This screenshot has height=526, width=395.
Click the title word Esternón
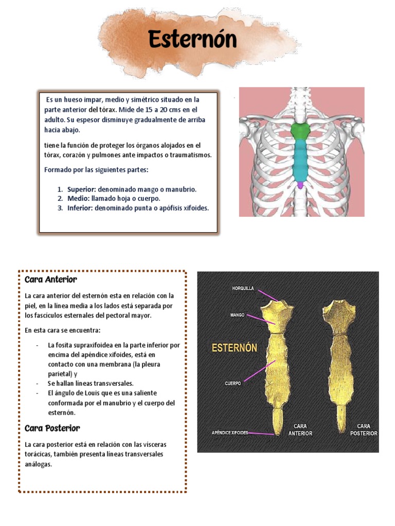coord(192,39)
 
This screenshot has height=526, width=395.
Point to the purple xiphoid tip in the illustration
coord(300,185)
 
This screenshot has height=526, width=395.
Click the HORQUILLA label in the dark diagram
coord(243,288)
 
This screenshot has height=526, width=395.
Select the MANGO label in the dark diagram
coord(238,315)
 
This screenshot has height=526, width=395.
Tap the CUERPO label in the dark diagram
coord(233,383)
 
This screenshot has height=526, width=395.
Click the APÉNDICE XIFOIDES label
coord(230,433)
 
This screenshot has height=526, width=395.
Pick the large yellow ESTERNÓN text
coord(235,348)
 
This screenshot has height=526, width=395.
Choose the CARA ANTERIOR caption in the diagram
coord(300,430)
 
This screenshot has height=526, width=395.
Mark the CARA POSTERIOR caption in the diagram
coord(364,430)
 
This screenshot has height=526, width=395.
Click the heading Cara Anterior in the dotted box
coord(51,279)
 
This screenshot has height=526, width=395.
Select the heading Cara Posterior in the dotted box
coord(52,428)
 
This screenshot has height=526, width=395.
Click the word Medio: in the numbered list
coord(78,199)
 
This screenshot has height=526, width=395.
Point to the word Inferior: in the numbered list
coord(80,208)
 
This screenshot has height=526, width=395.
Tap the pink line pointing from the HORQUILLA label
coord(268,295)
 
